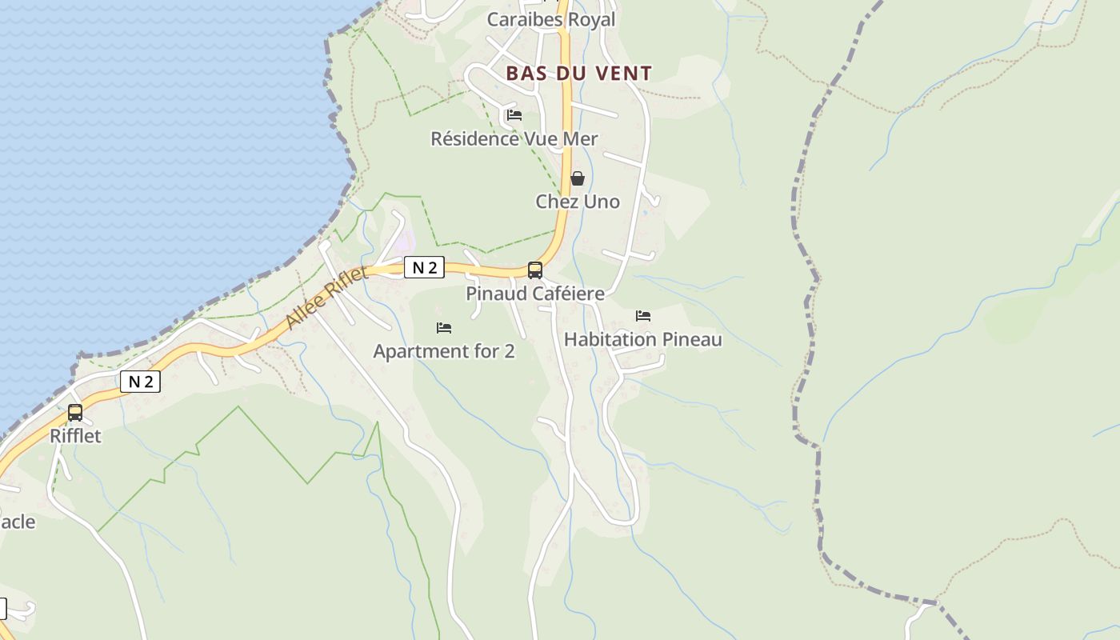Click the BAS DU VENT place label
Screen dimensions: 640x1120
[x=579, y=74]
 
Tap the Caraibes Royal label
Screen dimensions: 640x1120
[x=551, y=20]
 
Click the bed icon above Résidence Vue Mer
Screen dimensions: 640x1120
[x=514, y=115]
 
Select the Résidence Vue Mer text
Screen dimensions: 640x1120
[x=514, y=138]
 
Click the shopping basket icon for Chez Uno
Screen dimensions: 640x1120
[x=578, y=178]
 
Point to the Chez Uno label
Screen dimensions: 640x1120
[x=578, y=202]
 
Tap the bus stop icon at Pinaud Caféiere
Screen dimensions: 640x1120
[x=535, y=270]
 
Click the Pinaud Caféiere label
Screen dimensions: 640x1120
[x=535, y=294]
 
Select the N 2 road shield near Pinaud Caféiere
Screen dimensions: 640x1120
[x=424, y=267]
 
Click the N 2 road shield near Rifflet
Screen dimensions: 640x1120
[x=140, y=382]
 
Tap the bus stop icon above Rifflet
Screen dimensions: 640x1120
[x=75, y=413]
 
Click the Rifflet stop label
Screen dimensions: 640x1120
[x=75, y=436]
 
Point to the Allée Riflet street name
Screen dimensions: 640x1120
[x=326, y=297]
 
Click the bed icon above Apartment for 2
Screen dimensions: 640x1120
[x=444, y=328]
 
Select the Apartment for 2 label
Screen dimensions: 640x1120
[x=444, y=351]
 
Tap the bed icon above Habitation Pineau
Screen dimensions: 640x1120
[x=643, y=316]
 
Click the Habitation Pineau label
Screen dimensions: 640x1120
[x=643, y=339]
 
